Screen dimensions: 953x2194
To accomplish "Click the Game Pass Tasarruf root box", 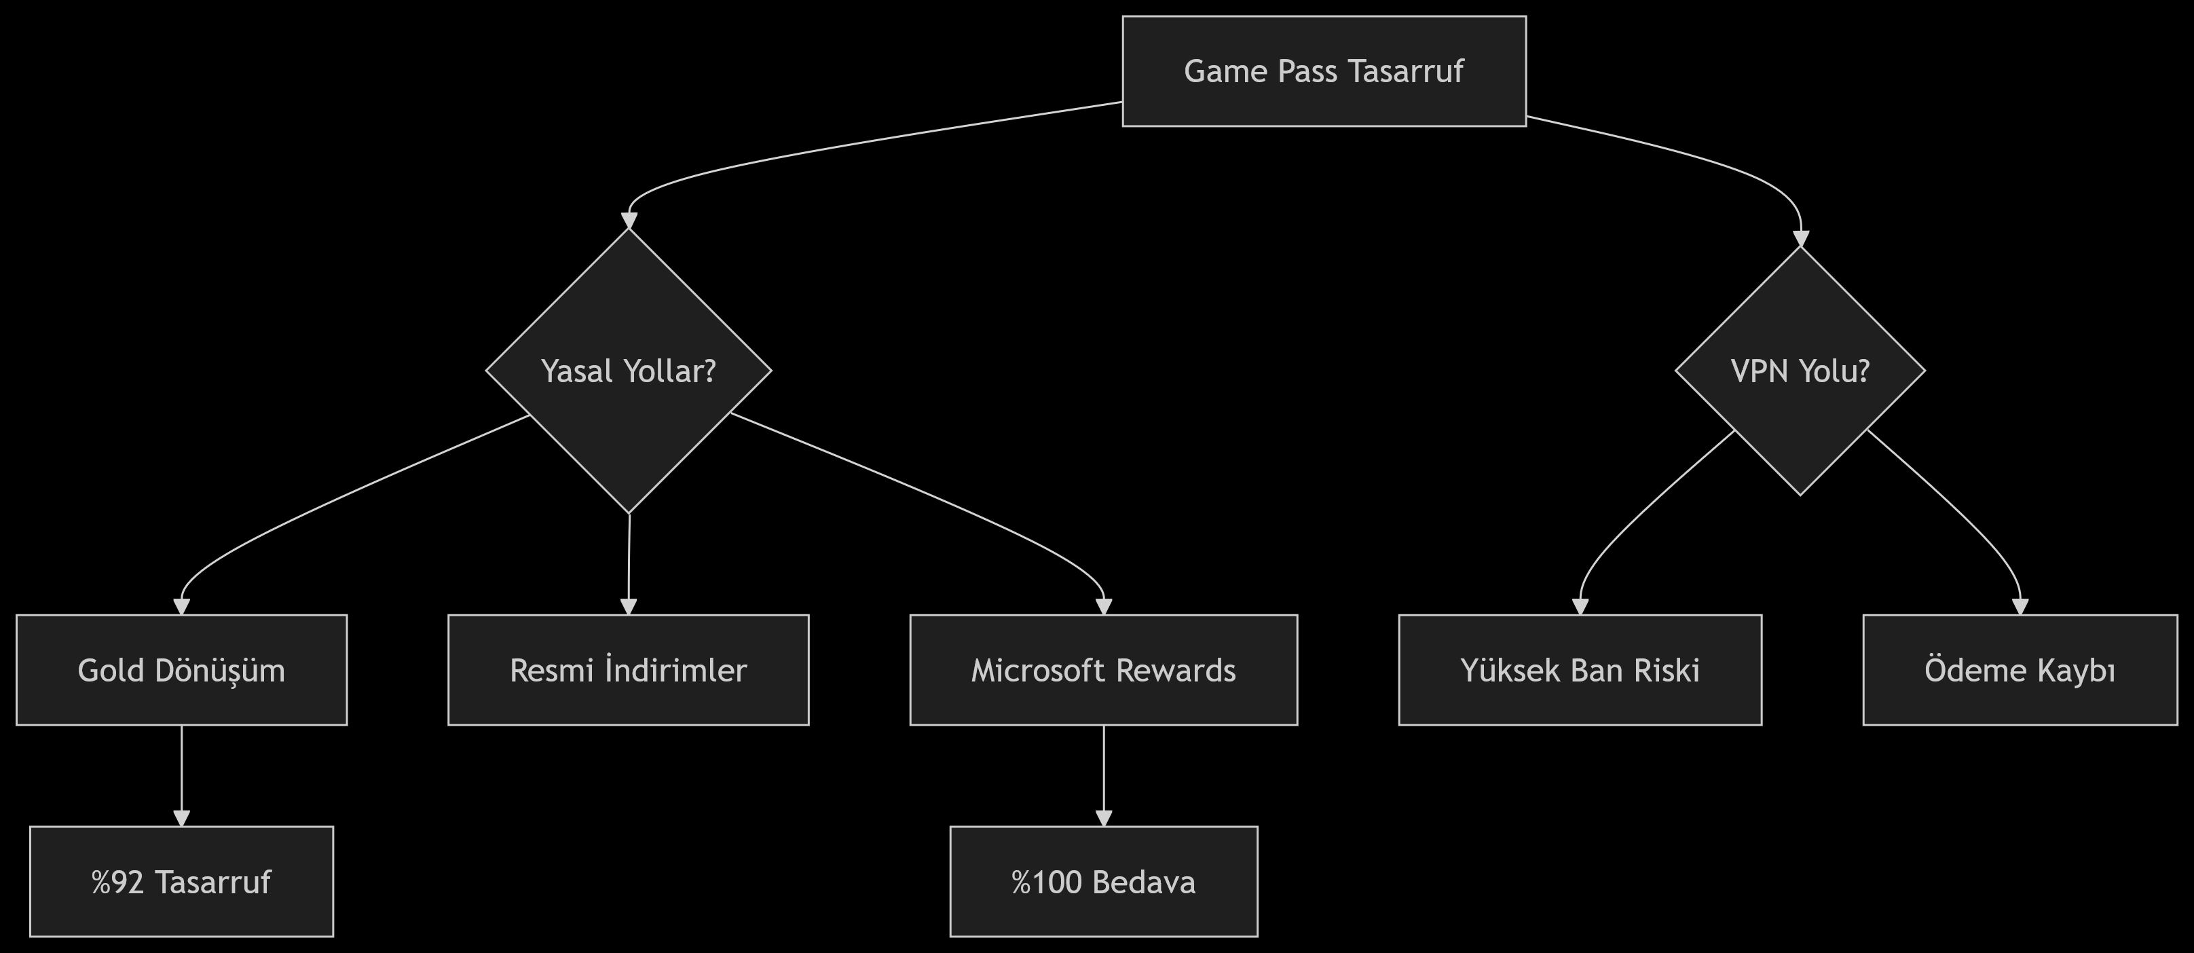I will click(x=1324, y=71).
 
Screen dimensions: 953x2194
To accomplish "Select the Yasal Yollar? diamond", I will click(x=629, y=371).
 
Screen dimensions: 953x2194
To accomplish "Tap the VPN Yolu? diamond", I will click(x=1800, y=371).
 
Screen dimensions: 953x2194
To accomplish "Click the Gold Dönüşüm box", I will click(x=181, y=670).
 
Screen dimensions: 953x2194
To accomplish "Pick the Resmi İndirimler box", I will click(x=629, y=670).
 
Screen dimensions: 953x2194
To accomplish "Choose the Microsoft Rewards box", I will click(x=1103, y=670).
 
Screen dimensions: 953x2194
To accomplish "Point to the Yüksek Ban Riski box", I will click(x=1580, y=670).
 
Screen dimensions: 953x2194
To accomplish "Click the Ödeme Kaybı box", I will click(x=2020, y=670).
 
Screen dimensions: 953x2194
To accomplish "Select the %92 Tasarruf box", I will click(x=181, y=882).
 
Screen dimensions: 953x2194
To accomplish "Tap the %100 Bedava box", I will click(x=1103, y=882).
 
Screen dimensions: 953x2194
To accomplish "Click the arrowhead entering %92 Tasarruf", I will click(x=181, y=818).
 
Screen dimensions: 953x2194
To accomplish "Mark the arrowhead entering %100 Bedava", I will click(x=1104, y=818).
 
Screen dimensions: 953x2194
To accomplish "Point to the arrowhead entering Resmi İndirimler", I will click(x=629, y=605).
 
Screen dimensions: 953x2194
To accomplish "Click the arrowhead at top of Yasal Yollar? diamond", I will click(x=629, y=221).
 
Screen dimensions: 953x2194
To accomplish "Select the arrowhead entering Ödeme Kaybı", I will click(x=2020, y=605).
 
